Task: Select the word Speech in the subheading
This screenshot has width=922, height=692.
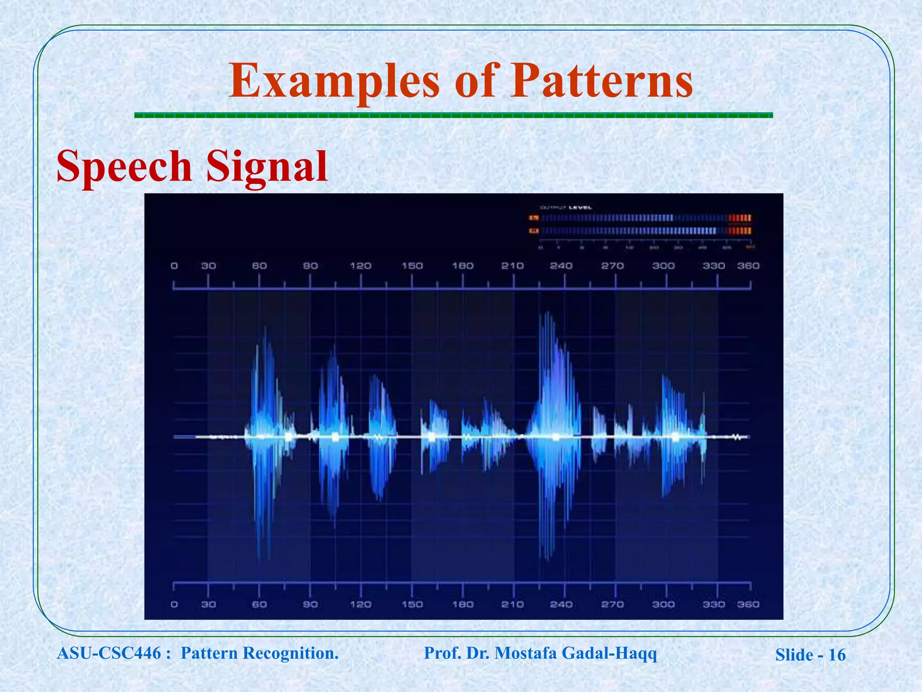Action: pos(124,167)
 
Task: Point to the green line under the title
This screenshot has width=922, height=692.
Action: pos(453,116)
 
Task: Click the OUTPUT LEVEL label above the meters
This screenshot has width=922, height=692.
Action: pos(565,208)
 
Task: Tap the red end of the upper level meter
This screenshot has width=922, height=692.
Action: pos(740,218)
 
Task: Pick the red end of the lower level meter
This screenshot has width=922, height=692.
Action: pos(740,231)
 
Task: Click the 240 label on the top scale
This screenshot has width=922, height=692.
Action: pos(561,266)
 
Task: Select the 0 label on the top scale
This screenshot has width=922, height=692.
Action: pos(174,266)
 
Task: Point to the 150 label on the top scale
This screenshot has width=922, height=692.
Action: pos(412,266)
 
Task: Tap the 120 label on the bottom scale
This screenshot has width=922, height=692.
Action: pos(361,604)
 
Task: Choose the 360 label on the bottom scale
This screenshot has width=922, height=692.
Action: pos(748,604)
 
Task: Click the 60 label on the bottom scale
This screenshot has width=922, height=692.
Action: pos(259,604)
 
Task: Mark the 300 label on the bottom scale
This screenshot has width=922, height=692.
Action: pos(664,604)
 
